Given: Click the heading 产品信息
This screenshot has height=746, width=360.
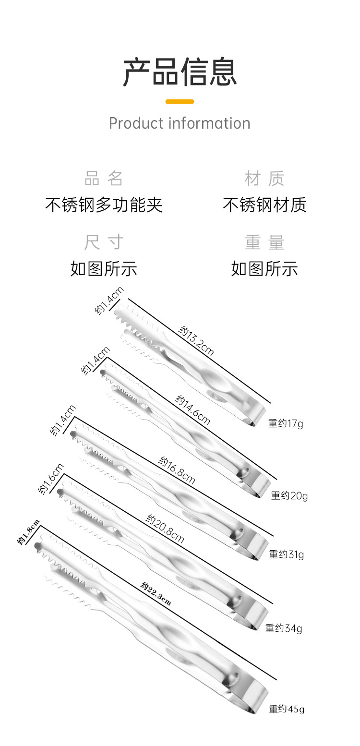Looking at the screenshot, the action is [x=180, y=72].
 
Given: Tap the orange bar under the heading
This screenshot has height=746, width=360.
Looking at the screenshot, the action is [x=180, y=102].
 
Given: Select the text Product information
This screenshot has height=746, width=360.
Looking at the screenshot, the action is [x=180, y=123].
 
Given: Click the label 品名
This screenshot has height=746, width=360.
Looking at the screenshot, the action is [x=104, y=179].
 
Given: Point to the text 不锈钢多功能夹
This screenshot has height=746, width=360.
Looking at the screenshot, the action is [x=104, y=205].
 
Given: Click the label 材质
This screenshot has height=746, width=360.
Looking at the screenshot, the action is [x=264, y=179].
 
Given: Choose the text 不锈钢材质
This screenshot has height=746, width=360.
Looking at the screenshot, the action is [x=264, y=205].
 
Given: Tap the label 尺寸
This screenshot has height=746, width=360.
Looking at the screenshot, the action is [x=104, y=242].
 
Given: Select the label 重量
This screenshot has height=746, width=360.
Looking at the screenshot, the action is [x=264, y=242].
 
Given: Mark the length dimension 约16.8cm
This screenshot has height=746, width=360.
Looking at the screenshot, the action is [x=177, y=470].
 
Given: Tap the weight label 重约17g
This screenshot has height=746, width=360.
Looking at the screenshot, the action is [x=286, y=423].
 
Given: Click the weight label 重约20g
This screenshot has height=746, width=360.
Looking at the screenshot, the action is [x=289, y=495].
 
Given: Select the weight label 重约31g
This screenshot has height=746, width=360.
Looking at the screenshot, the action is [x=286, y=554].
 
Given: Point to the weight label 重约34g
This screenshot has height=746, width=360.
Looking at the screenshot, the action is [x=284, y=628].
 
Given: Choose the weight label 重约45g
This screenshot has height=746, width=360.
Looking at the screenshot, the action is [x=287, y=709].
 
